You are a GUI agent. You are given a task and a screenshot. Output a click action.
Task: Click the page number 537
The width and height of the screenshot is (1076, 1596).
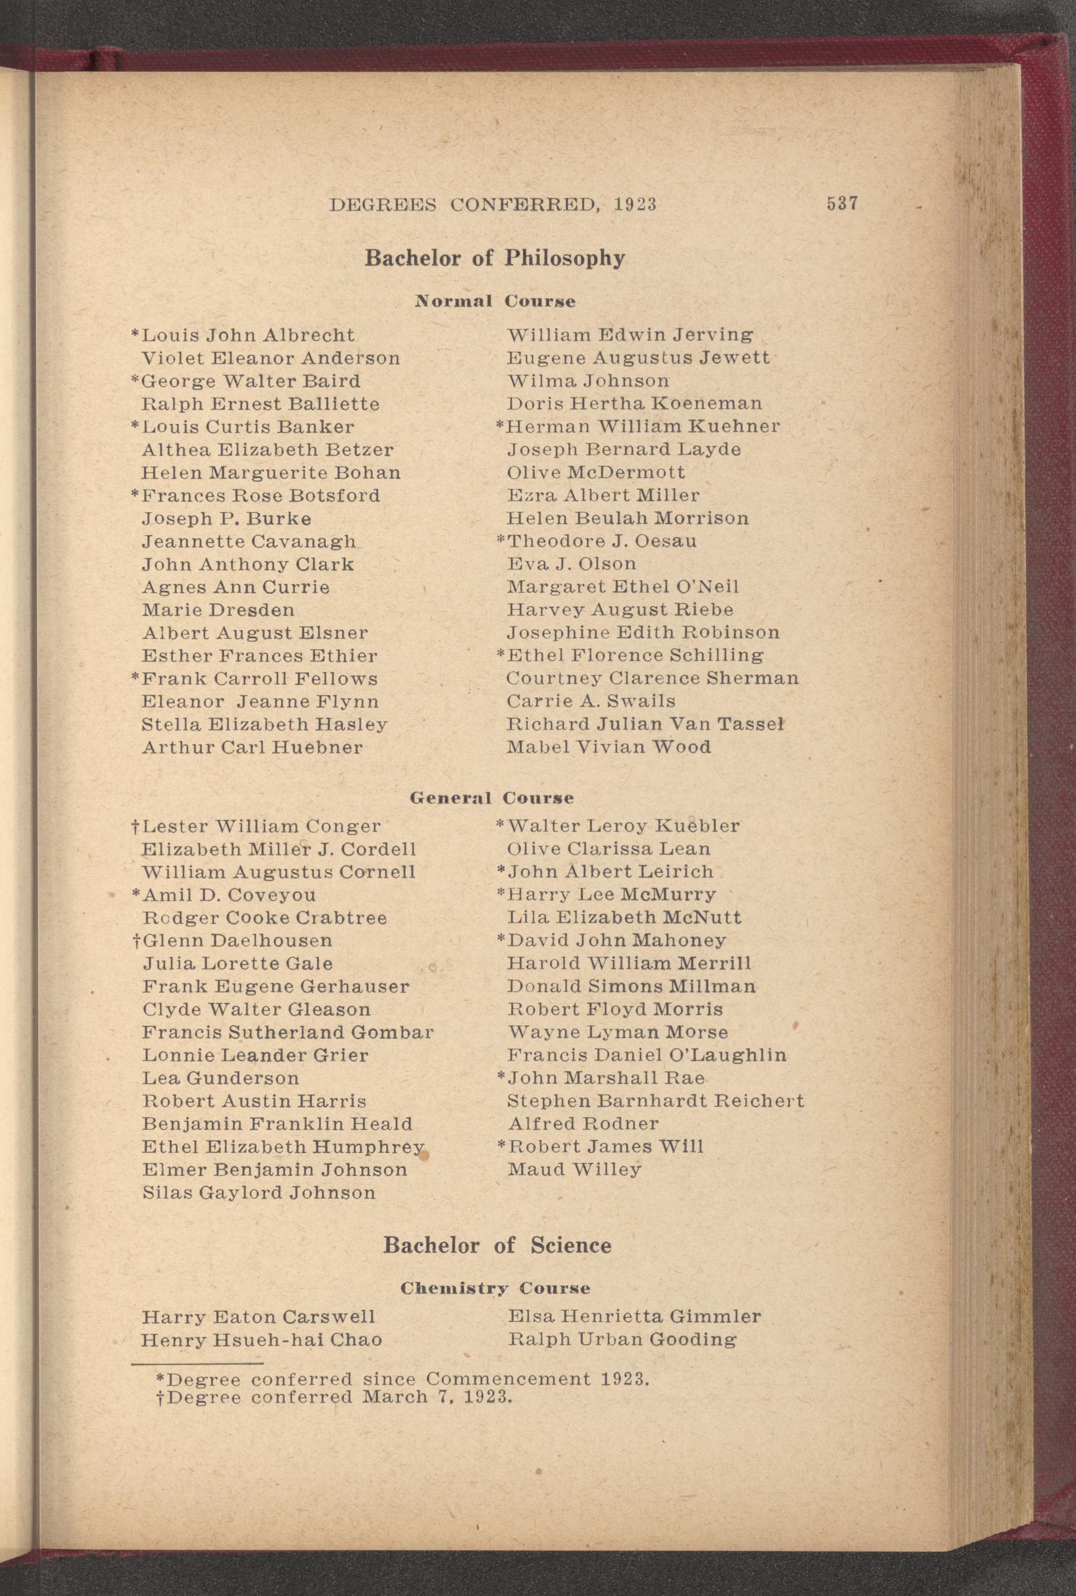(x=843, y=204)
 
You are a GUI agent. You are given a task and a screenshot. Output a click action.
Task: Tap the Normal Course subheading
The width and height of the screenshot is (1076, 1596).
(x=495, y=301)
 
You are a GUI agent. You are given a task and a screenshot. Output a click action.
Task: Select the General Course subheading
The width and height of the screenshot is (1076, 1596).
(x=491, y=798)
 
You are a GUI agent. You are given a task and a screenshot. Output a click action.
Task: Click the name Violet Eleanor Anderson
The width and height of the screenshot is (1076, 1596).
(x=270, y=358)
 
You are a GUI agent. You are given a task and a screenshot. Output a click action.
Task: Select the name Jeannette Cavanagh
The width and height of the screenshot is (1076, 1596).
(x=248, y=542)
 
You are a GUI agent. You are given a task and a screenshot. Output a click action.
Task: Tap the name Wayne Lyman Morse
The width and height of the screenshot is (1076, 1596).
(x=618, y=1032)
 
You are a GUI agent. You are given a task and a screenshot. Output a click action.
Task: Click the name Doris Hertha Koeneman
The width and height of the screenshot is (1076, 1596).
(x=634, y=404)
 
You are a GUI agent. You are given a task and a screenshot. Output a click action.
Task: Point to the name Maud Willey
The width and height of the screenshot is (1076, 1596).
(x=574, y=1169)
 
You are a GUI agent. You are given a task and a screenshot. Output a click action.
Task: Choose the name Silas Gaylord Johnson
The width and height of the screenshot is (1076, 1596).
(x=259, y=1192)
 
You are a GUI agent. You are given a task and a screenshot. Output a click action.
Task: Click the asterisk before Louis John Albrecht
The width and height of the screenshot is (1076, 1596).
(x=136, y=334)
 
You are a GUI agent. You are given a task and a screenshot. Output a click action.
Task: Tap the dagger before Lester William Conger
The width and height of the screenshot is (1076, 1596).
(x=136, y=826)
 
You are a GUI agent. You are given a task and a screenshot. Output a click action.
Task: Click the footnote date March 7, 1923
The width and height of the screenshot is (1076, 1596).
(x=437, y=1397)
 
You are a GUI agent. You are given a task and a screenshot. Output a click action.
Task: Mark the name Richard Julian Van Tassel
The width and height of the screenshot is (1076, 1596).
(x=645, y=724)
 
